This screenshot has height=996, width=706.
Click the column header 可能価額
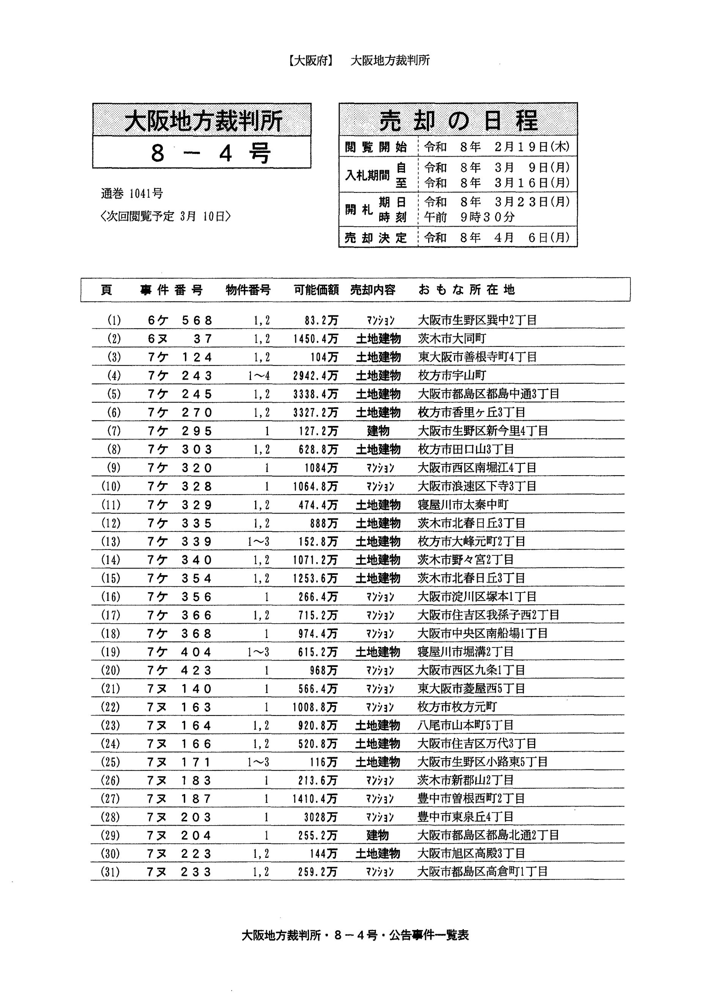316,290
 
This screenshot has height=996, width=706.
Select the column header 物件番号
248,290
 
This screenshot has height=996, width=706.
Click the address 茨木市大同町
452,339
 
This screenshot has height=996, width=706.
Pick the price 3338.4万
315,394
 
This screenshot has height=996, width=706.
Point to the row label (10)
110,486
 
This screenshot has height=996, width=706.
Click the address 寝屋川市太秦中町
463,505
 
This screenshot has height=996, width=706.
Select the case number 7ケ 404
179,652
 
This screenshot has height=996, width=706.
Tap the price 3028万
320,817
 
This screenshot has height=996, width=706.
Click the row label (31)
110,872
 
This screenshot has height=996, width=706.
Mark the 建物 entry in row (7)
378,431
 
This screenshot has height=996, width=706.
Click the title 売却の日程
458,120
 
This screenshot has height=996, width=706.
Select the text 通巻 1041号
132,194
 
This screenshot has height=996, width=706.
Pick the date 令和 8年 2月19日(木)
496,147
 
